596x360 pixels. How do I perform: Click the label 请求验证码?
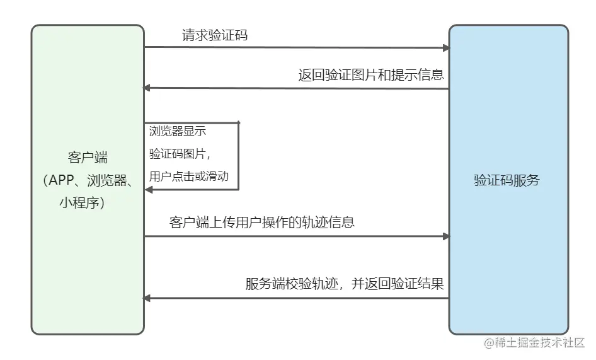(215, 35)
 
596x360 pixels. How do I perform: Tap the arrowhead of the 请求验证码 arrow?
(446, 48)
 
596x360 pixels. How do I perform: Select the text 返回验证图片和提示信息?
(371, 75)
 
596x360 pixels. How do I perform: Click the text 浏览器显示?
(178, 131)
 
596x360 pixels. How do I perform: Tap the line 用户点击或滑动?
(188, 177)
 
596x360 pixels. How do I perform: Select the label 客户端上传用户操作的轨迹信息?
(262, 222)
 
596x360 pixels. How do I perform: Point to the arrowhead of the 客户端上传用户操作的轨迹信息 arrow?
(446, 236)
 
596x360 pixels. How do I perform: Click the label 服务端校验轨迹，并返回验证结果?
(345, 283)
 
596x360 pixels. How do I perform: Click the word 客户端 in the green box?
(88, 157)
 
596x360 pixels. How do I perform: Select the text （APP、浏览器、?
(88, 180)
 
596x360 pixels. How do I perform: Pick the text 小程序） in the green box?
(88, 203)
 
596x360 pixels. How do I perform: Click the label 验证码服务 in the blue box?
(507, 180)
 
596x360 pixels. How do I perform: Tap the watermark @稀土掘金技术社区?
(535, 343)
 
